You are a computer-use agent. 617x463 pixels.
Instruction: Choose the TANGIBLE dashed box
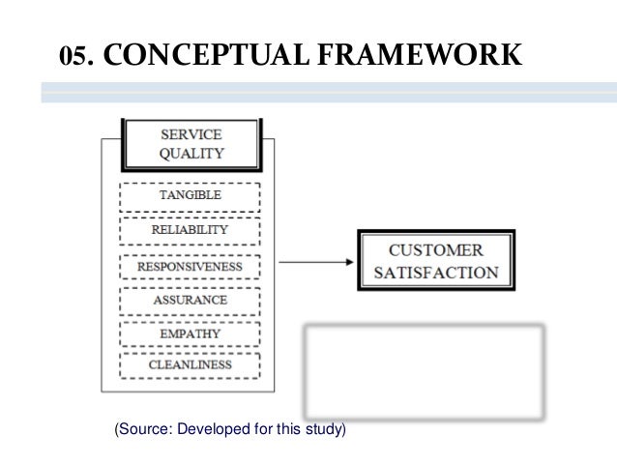[190, 195]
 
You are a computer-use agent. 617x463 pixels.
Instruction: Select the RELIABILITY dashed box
[190, 231]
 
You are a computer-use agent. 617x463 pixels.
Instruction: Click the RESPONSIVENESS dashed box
[190, 265]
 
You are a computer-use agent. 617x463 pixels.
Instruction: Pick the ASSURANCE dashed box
[190, 300]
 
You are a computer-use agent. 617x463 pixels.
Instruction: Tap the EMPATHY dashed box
[190, 334]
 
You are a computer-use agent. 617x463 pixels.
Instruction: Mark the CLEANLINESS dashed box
[190, 365]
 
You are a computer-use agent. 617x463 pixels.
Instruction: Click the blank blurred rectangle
[425, 367]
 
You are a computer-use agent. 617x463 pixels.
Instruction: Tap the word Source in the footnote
[140, 426]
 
